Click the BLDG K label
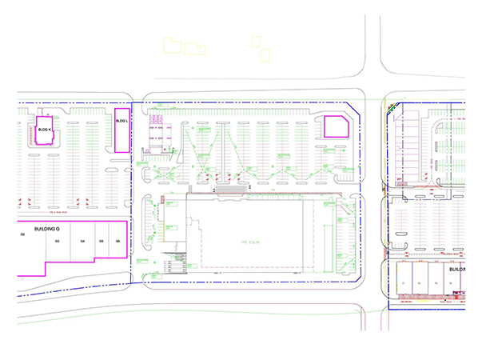point(45,129)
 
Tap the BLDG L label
point(121,121)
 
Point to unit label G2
point(23,234)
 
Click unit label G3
point(58,241)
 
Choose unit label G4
point(82,241)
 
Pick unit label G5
point(102,241)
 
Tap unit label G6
point(118,241)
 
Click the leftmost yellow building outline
point(172,46)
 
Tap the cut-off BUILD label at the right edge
point(456,270)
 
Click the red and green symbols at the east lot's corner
point(390,108)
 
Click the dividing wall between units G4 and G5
point(93,240)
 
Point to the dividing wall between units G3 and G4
point(70,240)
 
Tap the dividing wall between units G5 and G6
point(110,240)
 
